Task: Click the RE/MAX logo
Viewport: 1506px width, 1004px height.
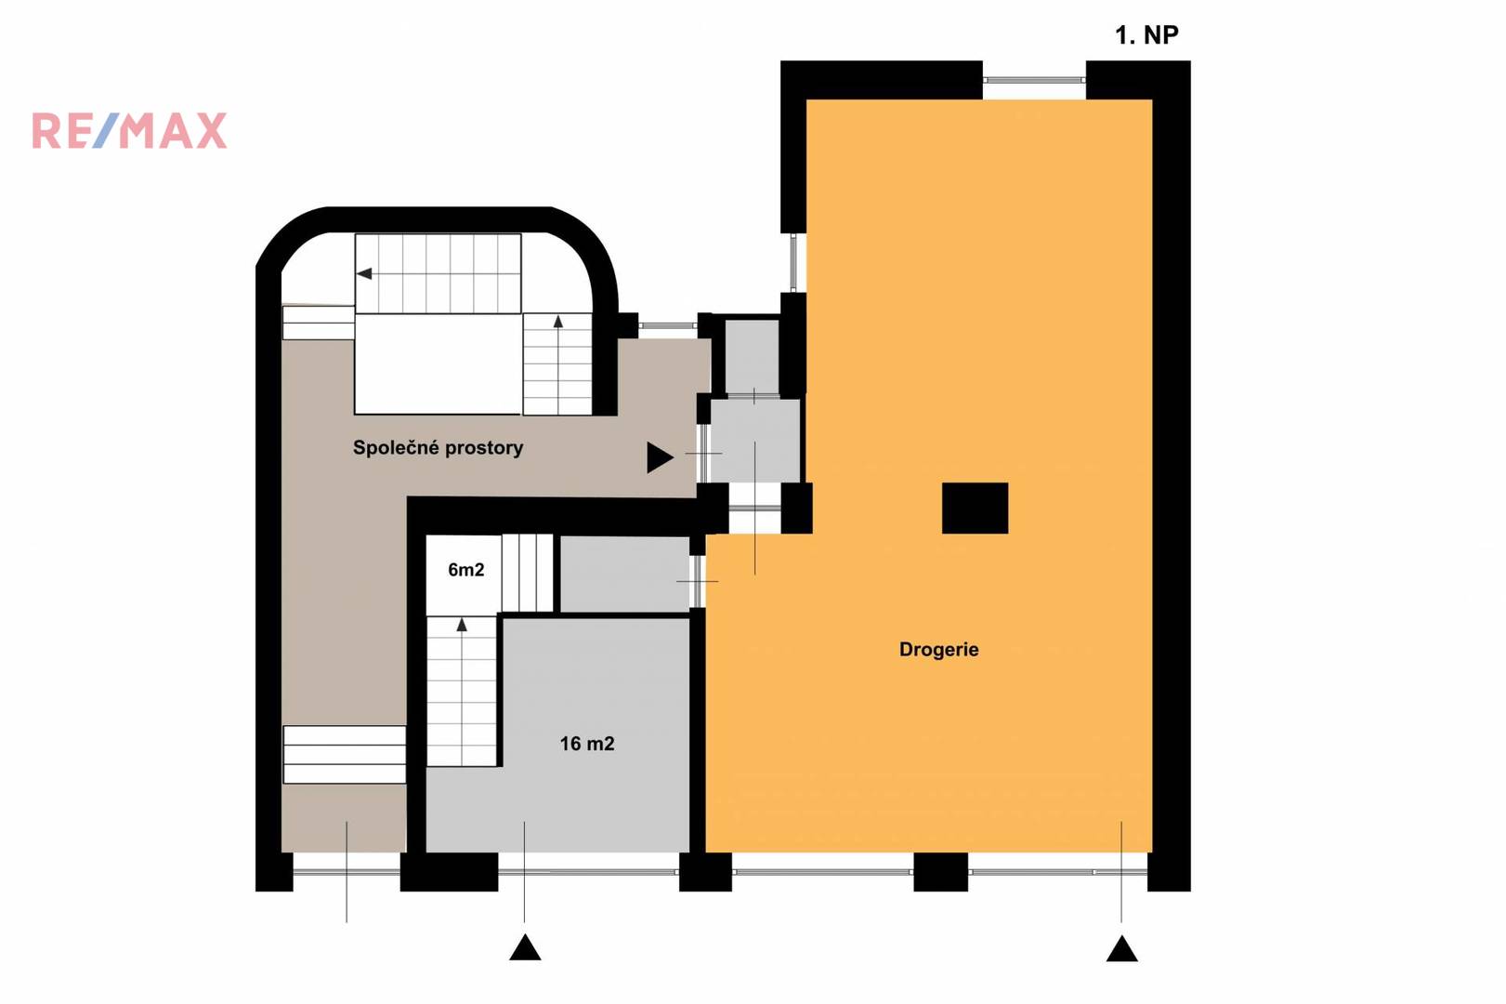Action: tap(129, 130)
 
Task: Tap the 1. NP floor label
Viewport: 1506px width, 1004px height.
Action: tap(1146, 35)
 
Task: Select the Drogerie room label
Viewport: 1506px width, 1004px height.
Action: tap(938, 650)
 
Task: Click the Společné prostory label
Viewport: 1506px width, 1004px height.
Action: tap(438, 447)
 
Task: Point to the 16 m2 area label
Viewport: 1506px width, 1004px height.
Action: tap(587, 744)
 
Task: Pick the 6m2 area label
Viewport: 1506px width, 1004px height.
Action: tap(465, 570)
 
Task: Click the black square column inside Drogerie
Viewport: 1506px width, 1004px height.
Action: tap(975, 509)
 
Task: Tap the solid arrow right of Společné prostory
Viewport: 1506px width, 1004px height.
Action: tap(660, 457)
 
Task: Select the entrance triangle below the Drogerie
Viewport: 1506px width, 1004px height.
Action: tap(1121, 949)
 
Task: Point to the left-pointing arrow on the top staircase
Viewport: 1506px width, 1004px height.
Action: tap(364, 274)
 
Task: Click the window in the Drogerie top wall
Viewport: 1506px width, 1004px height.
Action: tap(1034, 80)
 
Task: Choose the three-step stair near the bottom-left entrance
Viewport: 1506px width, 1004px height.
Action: tap(345, 754)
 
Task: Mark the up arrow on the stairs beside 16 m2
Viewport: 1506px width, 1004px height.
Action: tap(462, 625)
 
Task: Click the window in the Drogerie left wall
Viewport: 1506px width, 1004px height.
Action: tap(793, 262)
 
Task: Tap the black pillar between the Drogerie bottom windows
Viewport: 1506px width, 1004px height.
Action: tap(940, 872)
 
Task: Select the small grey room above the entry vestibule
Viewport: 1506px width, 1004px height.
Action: tap(752, 357)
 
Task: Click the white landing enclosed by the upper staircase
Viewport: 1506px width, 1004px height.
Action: tap(438, 363)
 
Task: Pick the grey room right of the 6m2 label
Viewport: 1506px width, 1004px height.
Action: tap(624, 574)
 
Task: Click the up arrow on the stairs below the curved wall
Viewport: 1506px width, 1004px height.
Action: tap(558, 322)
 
